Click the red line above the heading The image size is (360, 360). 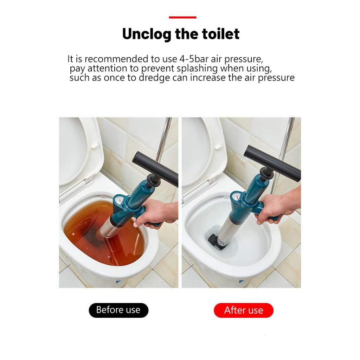182,17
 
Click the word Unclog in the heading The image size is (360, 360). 147,34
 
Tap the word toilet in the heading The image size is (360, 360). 221,34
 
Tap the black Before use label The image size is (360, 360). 118,310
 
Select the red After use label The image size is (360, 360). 244,310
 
